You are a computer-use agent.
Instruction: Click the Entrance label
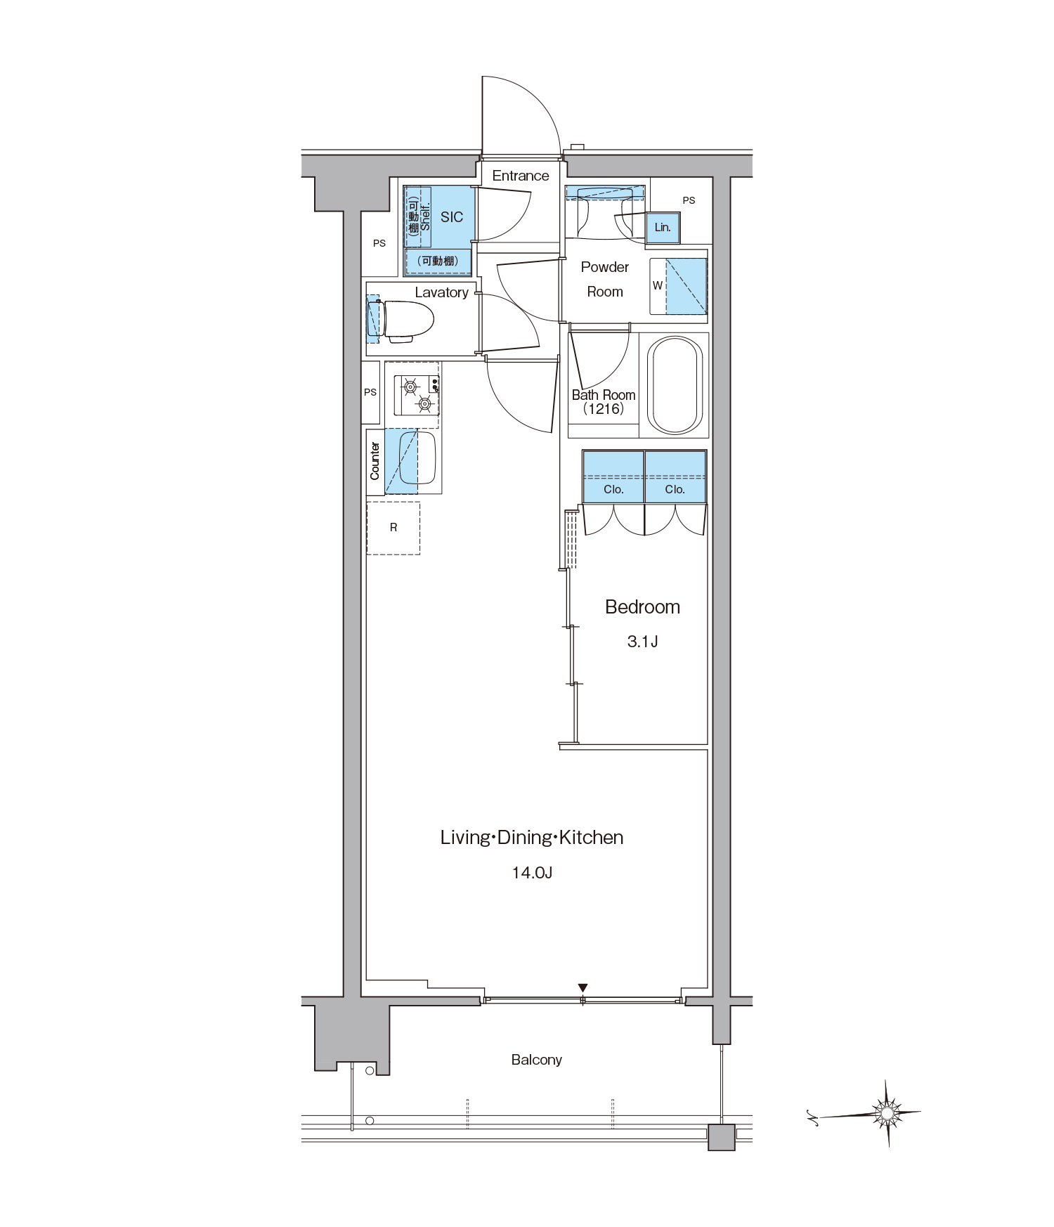click(521, 176)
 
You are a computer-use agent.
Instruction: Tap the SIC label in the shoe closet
click(452, 217)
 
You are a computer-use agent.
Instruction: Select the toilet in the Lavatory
click(401, 321)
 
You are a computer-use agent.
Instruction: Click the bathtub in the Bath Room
click(675, 384)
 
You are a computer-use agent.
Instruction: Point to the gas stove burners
click(417, 395)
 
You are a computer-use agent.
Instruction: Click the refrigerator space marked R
click(393, 528)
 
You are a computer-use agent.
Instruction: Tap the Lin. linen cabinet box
click(663, 227)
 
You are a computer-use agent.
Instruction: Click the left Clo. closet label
click(613, 490)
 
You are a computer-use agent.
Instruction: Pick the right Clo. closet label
click(675, 490)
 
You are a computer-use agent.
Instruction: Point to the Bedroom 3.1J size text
click(642, 642)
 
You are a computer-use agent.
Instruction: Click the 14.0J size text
click(532, 873)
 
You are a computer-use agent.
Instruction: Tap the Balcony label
click(537, 1060)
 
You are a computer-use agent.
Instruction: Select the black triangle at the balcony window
click(583, 988)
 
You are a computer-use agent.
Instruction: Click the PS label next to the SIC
click(379, 244)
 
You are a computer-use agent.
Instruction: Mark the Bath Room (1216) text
click(604, 402)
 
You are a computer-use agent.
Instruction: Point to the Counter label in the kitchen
click(375, 461)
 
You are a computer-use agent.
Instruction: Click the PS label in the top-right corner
click(689, 200)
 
